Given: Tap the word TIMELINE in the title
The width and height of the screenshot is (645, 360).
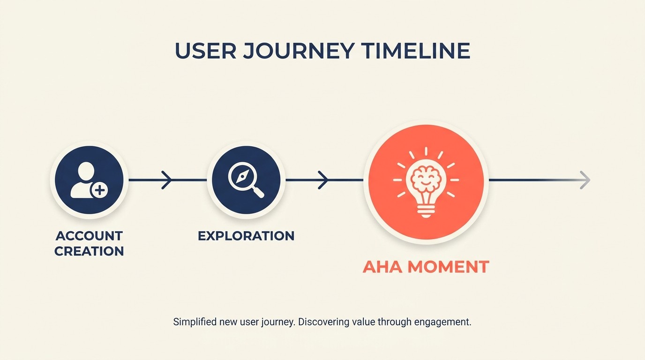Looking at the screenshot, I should click(x=416, y=51).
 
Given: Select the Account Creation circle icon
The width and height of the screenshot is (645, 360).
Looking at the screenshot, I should click(x=89, y=180).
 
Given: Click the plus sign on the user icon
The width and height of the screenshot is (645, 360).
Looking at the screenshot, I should click(x=99, y=190).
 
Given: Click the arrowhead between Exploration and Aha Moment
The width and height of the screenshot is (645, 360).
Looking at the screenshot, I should click(x=323, y=180).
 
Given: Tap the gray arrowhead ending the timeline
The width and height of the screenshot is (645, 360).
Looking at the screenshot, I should click(x=585, y=180).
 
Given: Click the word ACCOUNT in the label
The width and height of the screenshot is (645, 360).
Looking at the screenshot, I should click(x=89, y=235).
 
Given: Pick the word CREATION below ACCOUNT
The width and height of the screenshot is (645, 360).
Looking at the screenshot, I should click(x=89, y=251).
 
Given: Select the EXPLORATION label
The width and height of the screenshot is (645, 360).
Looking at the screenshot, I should click(x=246, y=235).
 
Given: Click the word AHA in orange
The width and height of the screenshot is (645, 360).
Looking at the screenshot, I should click(x=382, y=267).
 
